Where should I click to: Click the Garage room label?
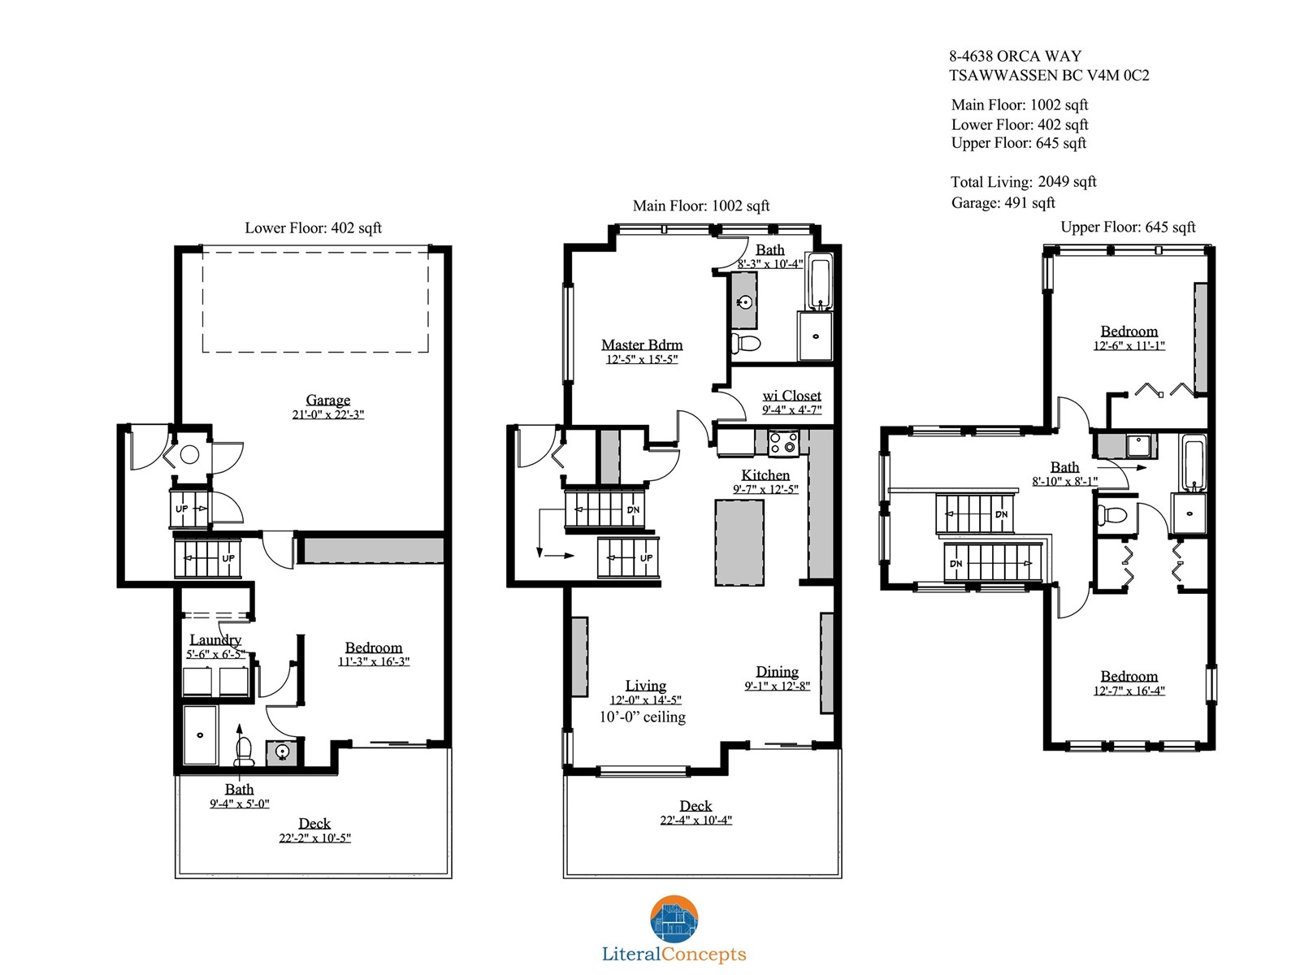[x=327, y=401]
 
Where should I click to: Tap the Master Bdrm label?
[x=641, y=344]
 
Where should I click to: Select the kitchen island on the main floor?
[x=739, y=543]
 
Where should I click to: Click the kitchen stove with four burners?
[x=783, y=444]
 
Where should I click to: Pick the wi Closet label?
[x=791, y=396]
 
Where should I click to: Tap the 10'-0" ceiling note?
[x=642, y=717]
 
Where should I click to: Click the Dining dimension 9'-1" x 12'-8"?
[x=777, y=686]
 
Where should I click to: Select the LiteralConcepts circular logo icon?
[x=674, y=919]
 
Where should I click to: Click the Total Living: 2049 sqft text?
[x=1024, y=182]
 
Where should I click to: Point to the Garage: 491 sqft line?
[x=1003, y=203]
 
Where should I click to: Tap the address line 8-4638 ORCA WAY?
[x=1015, y=56]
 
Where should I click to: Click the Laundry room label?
[x=215, y=640]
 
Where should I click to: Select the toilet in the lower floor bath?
[x=244, y=752]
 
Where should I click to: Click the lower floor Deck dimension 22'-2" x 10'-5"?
[x=314, y=838]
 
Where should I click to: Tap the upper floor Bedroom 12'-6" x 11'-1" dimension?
[x=1129, y=345]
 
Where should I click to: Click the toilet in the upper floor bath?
[x=1111, y=514]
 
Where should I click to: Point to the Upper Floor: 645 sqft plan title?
[x=1128, y=227]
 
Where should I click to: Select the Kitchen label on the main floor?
[x=765, y=474]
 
